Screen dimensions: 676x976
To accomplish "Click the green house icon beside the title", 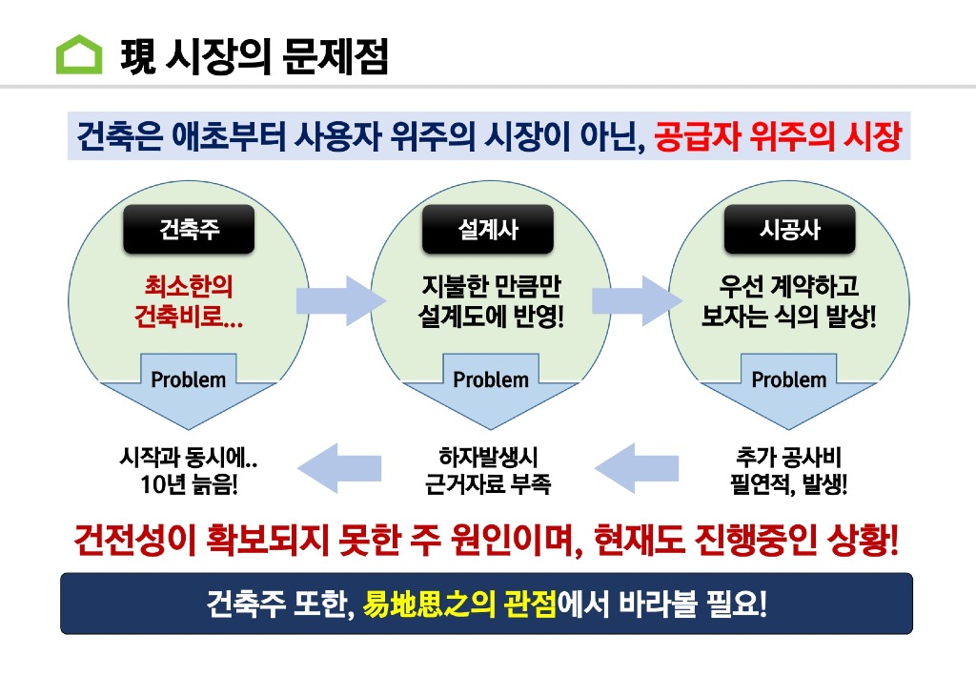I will point(79,54).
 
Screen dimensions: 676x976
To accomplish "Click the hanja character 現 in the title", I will point(139,55).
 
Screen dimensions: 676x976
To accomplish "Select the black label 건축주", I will point(189,230).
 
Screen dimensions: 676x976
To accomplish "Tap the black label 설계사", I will point(489,230).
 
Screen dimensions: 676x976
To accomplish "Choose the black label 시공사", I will point(789,230).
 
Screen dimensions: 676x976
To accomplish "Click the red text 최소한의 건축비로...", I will point(189,300).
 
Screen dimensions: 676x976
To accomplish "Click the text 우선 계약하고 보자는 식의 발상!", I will point(789,300).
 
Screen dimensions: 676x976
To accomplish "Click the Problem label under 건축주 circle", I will point(189,379).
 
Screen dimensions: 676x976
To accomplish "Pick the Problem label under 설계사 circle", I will point(491,379).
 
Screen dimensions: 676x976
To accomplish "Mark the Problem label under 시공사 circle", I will point(789,379).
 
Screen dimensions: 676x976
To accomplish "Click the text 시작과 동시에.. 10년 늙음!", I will point(189,470).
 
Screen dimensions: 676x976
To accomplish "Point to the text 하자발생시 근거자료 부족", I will point(488,470).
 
